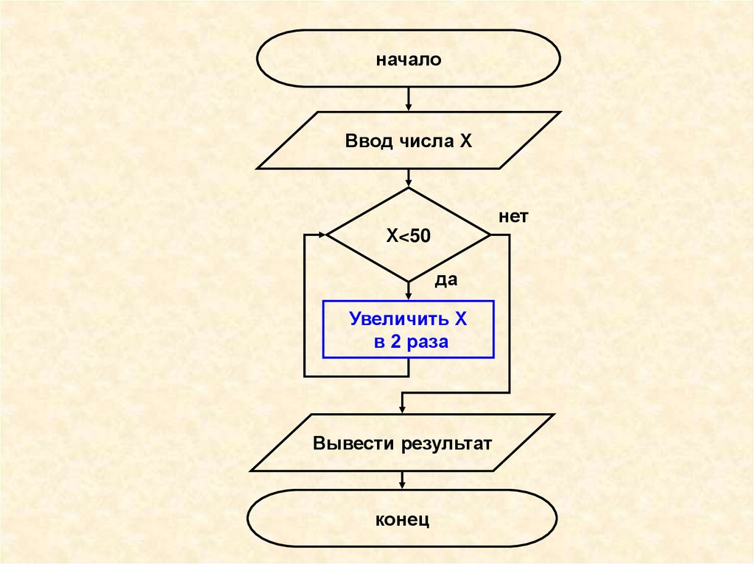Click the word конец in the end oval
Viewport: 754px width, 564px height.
[402, 521]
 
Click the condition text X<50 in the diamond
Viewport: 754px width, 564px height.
[409, 235]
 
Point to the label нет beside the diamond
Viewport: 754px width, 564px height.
[513, 218]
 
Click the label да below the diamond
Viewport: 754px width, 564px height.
[446, 280]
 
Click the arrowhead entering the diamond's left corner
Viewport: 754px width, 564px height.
[323, 235]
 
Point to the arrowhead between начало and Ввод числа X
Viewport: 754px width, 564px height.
[409, 107]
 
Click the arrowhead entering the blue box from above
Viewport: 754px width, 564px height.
[409, 296]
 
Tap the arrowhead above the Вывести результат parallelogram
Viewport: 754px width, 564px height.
[402, 409]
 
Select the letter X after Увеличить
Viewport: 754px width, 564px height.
[460, 320]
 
